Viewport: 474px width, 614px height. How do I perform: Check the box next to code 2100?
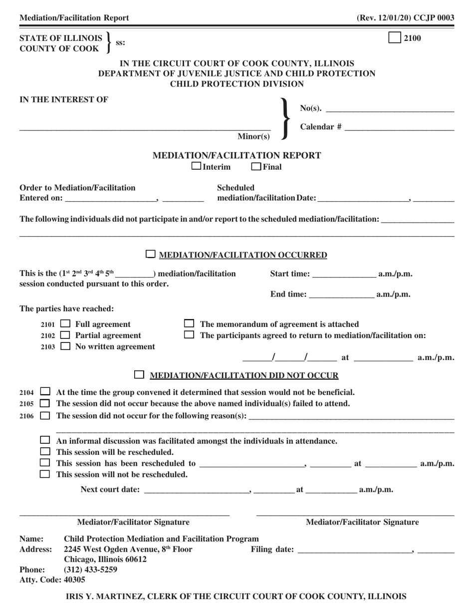click(394, 38)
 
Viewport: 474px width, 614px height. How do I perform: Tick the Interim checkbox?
click(197, 166)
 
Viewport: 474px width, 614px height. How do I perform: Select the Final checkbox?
click(256, 166)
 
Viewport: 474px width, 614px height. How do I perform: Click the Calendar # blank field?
click(399, 127)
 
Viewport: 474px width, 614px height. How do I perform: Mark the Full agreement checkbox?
click(65, 324)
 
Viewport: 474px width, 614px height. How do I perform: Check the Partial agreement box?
click(65, 335)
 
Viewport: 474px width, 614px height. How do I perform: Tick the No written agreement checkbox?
click(65, 346)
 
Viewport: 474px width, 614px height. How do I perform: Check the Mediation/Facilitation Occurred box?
click(151, 255)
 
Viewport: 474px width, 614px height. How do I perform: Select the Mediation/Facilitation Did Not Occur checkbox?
click(140, 374)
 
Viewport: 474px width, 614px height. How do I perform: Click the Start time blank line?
click(344, 274)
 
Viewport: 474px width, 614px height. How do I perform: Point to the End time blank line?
click(342, 295)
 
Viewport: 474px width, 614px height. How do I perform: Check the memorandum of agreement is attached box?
click(189, 324)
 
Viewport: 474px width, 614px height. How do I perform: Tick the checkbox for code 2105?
click(45, 403)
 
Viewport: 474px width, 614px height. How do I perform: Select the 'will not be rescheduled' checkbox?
click(45, 474)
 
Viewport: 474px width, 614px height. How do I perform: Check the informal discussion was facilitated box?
click(45, 441)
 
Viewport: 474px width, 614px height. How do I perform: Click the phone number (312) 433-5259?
click(91, 569)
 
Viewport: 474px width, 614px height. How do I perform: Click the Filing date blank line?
click(354, 550)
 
